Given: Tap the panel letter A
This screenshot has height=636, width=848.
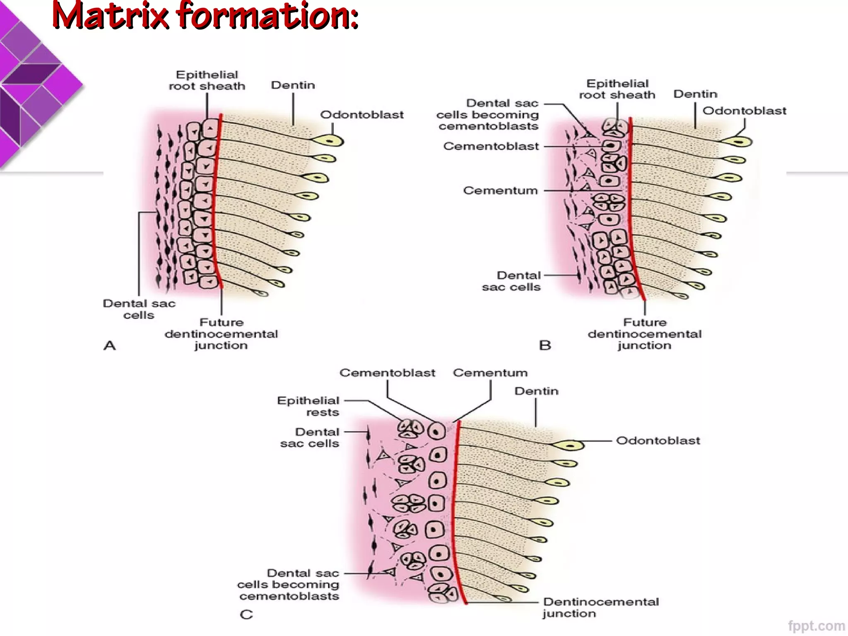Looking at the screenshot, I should click(x=109, y=345).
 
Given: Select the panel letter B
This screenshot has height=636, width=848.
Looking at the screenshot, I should click(x=545, y=345).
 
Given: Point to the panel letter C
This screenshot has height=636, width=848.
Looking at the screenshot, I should click(x=246, y=614).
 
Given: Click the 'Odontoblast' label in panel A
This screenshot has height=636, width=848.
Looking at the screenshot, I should click(x=361, y=115).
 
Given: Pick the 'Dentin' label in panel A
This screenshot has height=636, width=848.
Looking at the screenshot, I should click(x=293, y=85).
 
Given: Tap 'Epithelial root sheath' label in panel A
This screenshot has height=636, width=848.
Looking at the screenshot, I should click(x=207, y=80).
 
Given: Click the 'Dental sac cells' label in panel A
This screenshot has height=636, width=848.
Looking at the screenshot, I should click(x=139, y=309).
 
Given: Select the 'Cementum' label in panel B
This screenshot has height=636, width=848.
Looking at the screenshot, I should click(x=500, y=190).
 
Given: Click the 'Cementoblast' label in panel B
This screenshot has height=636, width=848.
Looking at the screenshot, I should click(x=491, y=146).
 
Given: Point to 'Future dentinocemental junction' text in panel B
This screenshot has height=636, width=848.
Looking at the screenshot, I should click(x=645, y=334).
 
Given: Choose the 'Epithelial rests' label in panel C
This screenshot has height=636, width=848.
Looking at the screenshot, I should click(x=308, y=406).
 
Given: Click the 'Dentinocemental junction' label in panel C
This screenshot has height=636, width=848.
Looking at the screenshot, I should click(x=600, y=607).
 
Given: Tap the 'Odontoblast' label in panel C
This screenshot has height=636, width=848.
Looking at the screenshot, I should click(x=658, y=441).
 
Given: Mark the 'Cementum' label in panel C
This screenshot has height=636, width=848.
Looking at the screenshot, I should click(x=490, y=373).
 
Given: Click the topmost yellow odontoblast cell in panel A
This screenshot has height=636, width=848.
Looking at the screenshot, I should click(x=328, y=141).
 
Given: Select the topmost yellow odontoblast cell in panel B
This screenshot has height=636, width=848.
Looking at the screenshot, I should click(x=737, y=142).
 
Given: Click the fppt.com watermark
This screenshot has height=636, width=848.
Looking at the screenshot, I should click(x=816, y=626).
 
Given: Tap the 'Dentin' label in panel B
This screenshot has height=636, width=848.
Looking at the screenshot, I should click(x=695, y=94).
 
